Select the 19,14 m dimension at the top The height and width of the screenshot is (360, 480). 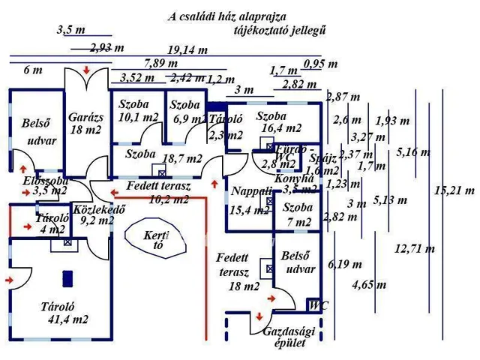coord(187,50)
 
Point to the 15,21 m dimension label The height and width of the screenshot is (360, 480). coord(454,190)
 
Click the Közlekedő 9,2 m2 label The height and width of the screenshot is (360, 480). coord(92,216)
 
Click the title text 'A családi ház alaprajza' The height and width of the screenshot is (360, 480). coord(226,16)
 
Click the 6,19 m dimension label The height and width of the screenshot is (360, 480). coord(344,264)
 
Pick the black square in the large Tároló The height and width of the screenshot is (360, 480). coord(67,277)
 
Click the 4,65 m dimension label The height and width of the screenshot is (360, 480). coord(369,284)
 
